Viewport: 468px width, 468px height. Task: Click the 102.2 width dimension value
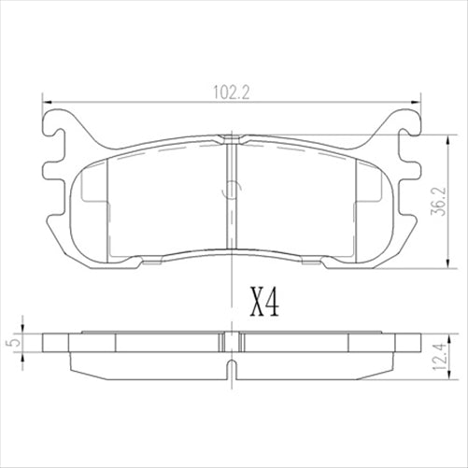click(x=229, y=92)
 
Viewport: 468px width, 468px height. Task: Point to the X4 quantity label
click(x=265, y=302)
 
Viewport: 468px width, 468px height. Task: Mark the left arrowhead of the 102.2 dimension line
click(x=48, y=102)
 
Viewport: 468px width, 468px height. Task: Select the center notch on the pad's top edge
click(x=229, y=140)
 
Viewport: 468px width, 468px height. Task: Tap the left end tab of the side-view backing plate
click(x=54, y=342)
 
